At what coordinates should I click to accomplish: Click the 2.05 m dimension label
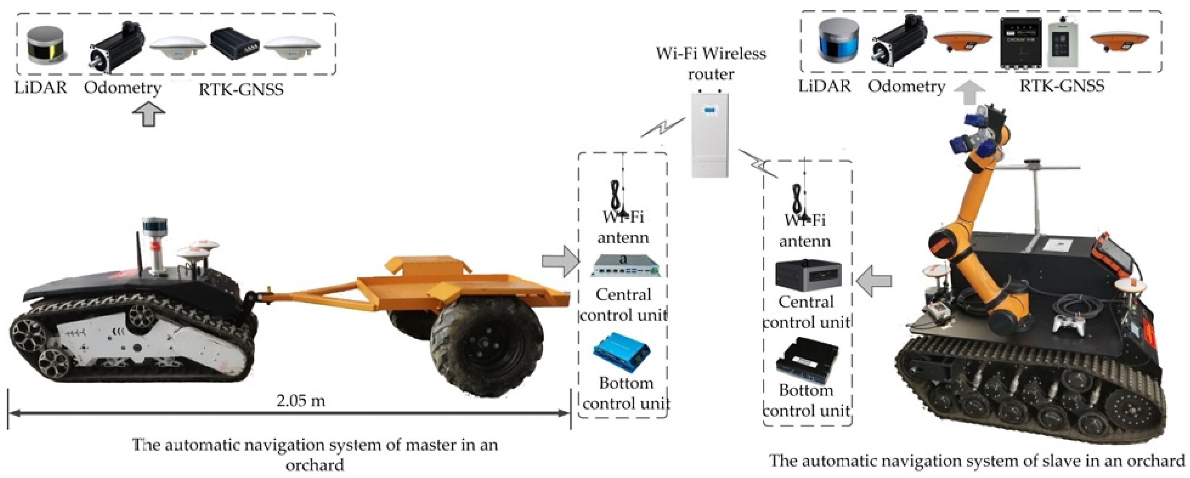coord(301,400)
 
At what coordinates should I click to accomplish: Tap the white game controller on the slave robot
coord(1068,321)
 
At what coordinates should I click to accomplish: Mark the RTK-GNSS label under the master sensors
coord(241,89)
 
